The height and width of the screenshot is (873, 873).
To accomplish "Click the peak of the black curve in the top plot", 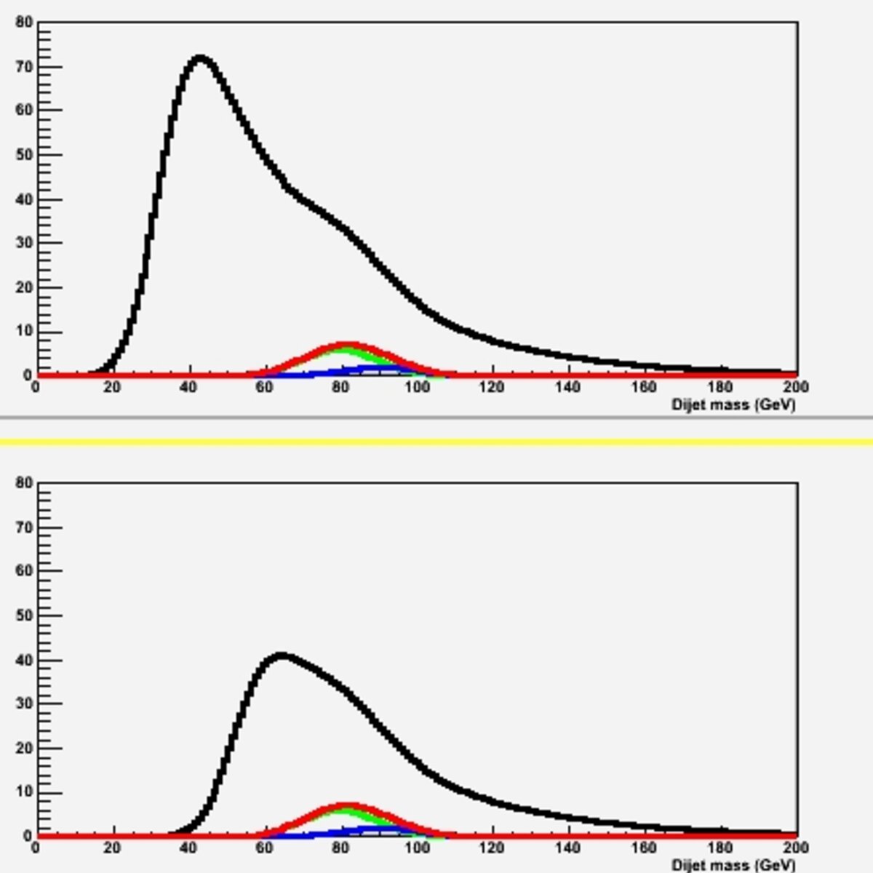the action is click(x=200, y=59).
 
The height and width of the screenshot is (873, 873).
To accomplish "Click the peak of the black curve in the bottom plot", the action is click(x=282, y=656).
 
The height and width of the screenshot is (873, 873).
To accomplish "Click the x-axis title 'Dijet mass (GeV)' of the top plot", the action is click(x=733, y=404).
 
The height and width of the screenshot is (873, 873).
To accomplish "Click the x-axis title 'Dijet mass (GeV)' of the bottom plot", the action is click(x=733, y=864).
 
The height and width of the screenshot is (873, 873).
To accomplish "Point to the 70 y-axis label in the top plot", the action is click(x=24, y=67).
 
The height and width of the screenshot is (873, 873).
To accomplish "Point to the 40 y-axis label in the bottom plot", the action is click(x=24, y=660).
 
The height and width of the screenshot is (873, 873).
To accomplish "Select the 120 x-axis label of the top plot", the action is click(x=493, y=387).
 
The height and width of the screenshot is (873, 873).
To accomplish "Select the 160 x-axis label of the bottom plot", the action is click(x=644, y=848).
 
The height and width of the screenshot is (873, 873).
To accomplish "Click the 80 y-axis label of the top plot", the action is click(x=24, y=22).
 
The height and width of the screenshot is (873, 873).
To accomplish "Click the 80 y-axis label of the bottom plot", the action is click(x=24, y=483).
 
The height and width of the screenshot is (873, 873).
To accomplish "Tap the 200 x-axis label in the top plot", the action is click(x=796, y=387).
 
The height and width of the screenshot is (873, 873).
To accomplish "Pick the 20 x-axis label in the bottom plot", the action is click(x=112, y=848).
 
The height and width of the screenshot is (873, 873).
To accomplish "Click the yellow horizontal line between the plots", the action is click(x=436, y=442).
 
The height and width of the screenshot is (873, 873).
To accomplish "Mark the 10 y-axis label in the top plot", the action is click(x=24, y=331).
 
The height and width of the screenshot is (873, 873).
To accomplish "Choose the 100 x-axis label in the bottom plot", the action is click(x=417, y=848).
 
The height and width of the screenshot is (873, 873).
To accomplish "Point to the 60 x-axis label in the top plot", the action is click(x=264, y=387).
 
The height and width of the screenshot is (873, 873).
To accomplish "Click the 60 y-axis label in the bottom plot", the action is click(x=24, y=570).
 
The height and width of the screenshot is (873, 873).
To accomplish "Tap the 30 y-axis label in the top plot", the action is click(x=24, y=242).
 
